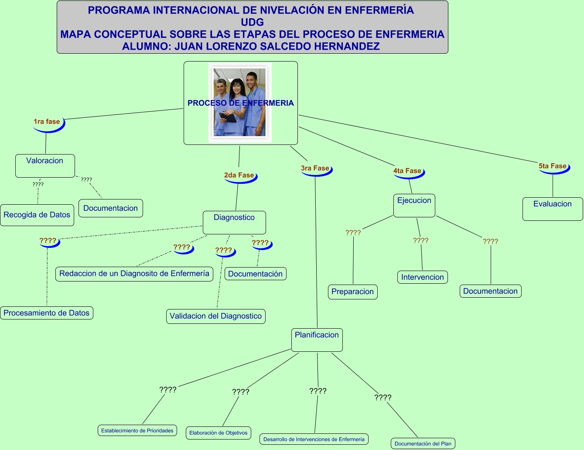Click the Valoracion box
(x=45, y=165)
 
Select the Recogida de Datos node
(x=37, y=215)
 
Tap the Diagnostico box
(x=234, y=222)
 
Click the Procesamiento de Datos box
(x=47, y=313)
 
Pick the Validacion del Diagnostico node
(x=216, y=316)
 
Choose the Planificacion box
(x=317, y=340)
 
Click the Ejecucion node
(x=414, y=206)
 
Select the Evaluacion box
(x=553, y=209)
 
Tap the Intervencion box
(x=423, y=277)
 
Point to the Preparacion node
(x=352, y=292)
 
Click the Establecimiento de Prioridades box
(x=137, y=430)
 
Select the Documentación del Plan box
(x=423, y=443)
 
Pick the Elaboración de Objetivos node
(x=218, y=433)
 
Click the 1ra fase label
(x=47, y=121)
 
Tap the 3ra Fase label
(x=315, y=168)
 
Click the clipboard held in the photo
(x=228, y=117)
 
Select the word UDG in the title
(x=253, y=22)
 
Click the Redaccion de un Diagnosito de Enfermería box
(x=134, y=274)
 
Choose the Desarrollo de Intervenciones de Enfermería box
(x=314, y=439)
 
